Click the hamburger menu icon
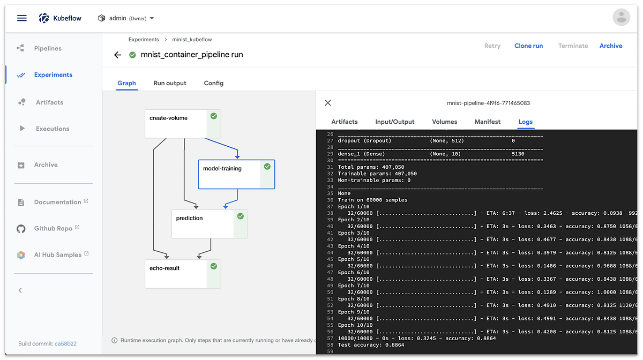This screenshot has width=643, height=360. pos(22,18)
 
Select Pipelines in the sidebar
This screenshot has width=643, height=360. pos(48,48)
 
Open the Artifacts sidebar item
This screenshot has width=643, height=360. pos(49,102)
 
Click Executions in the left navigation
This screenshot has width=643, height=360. pos(53,129)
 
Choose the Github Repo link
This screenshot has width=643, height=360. pos(53,228)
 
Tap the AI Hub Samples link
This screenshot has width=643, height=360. pos(57,255)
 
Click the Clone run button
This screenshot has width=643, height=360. pos(528,46)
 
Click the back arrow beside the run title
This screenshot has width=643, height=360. pos(118,55)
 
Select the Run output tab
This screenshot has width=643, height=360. pos(170,83)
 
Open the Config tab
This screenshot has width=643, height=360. pos(214,83)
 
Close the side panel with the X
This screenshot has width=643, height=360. pos(328,103)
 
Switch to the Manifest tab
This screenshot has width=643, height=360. pos(488,122)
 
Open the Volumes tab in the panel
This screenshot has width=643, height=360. pos(445,122)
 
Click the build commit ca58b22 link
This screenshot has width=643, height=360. pos(65,343)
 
